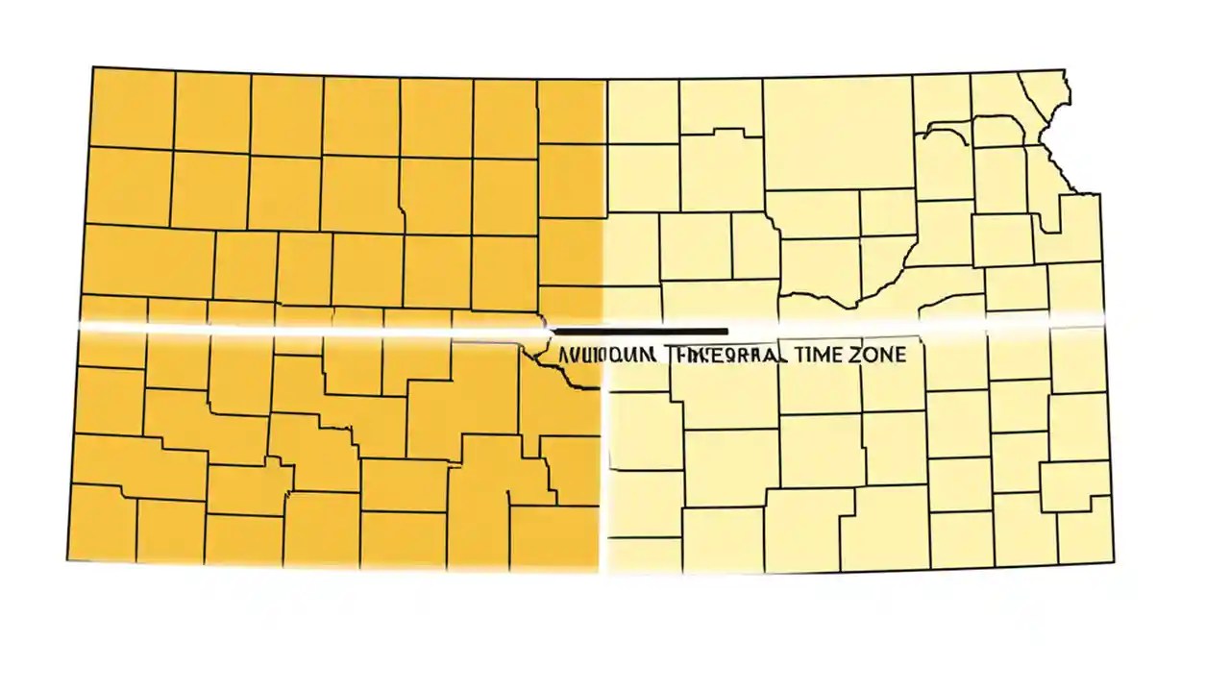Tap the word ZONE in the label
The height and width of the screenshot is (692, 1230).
876,355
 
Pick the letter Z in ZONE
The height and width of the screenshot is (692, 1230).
854,355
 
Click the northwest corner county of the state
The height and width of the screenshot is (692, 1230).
132,108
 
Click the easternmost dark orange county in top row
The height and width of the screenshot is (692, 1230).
569,111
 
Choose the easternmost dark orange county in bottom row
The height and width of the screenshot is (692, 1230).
553,538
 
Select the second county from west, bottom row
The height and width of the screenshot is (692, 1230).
170,531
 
